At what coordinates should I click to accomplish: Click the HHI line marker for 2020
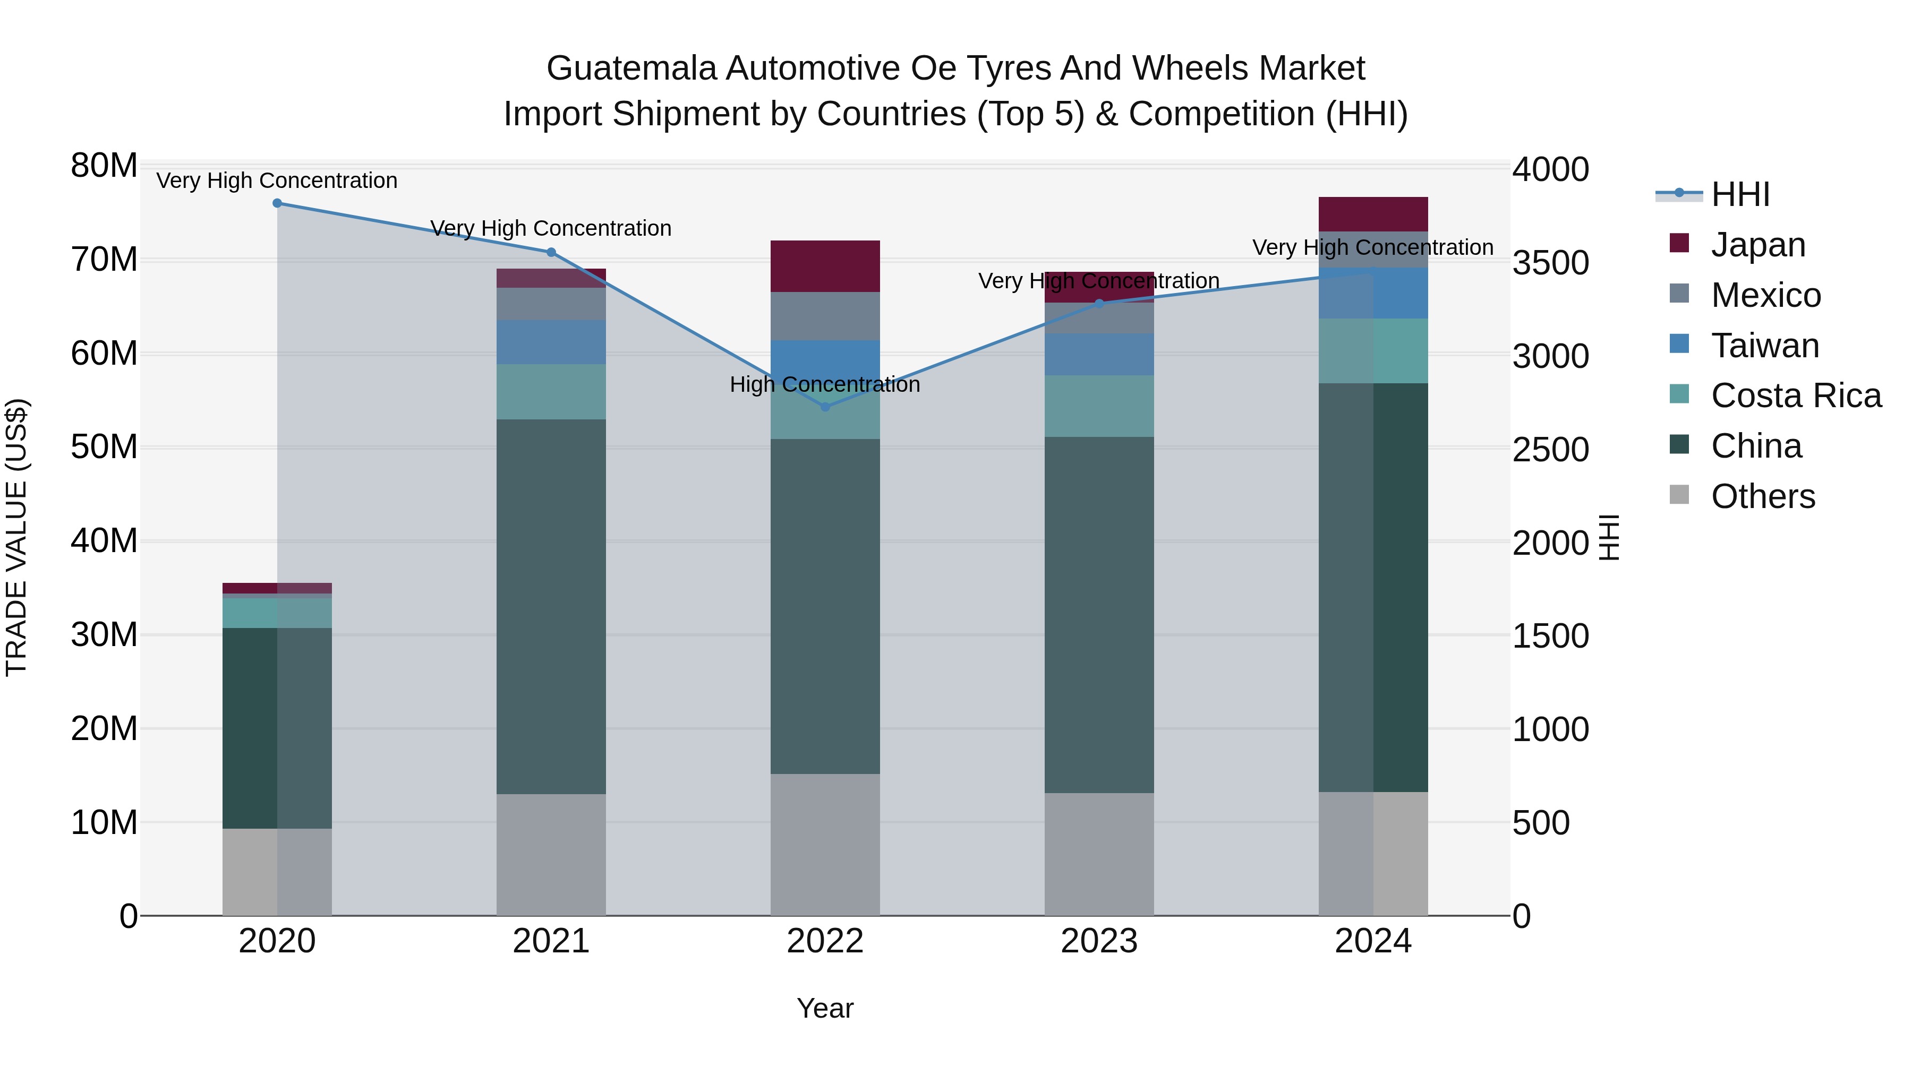pos(277,203)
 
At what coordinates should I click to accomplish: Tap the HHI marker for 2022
pos(825,407)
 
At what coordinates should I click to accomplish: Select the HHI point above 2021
pos(551,252)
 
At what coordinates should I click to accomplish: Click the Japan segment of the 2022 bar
pos(825,265)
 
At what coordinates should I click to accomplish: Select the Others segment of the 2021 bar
pos(551,854)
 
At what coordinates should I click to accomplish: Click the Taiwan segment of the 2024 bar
pos(1372,293)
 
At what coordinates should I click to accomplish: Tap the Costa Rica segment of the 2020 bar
pos(277,613)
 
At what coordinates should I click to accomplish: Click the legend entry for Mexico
pos(1765,295)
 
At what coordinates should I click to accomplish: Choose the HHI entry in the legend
pos(1739,194)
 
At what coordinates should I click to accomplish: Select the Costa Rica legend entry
pos(1795,395)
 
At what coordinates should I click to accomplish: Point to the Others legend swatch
pos(1679,495)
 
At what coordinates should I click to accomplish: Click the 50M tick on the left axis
pos(104,448)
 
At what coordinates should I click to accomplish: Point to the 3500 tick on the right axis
pos(1550,263)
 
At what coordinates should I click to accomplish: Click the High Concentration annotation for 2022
pos(825,384)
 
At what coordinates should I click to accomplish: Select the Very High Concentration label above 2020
pos(277,180)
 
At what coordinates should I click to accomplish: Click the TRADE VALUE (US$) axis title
pos(16,537)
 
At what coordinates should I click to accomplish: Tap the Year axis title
pos(825,1008)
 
